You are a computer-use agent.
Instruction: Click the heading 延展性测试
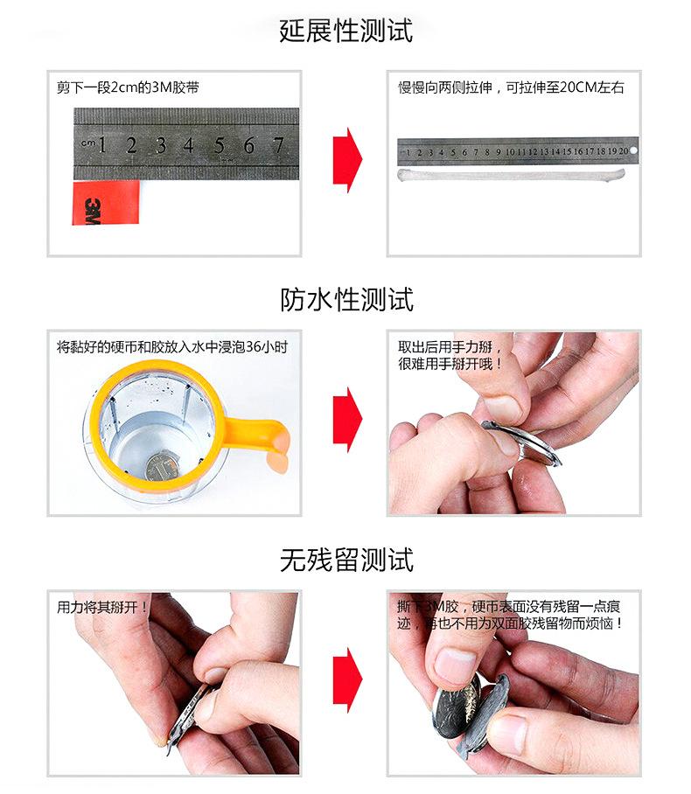coord(346,31)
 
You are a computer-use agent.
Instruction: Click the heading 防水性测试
coord(346,300)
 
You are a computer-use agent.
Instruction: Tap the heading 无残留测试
coord(346,560)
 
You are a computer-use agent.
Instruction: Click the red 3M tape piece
coord(106,203)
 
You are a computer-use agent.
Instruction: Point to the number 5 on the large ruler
coord(219,146)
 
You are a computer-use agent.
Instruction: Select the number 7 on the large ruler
coord(278,146)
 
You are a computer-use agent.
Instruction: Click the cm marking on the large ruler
coord(87,143)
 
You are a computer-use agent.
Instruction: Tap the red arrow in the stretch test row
coord(347,160)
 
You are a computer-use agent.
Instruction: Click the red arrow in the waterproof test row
coord(347,420)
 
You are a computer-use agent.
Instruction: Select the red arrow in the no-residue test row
coord(347,680)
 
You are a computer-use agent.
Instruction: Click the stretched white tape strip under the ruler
coord(511,175)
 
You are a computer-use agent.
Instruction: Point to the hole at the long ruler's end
coord(633,150)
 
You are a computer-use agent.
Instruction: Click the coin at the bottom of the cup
coord(159,467)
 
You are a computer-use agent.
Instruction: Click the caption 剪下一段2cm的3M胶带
coord(128,87)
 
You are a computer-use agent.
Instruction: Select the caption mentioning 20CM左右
coord(511,87)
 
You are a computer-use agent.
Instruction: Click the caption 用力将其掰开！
coord(102,607)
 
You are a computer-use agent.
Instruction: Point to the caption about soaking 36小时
coord(172,347)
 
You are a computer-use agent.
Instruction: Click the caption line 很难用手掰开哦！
coord(450,364)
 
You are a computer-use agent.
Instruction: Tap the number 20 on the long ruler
coord(624,151)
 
